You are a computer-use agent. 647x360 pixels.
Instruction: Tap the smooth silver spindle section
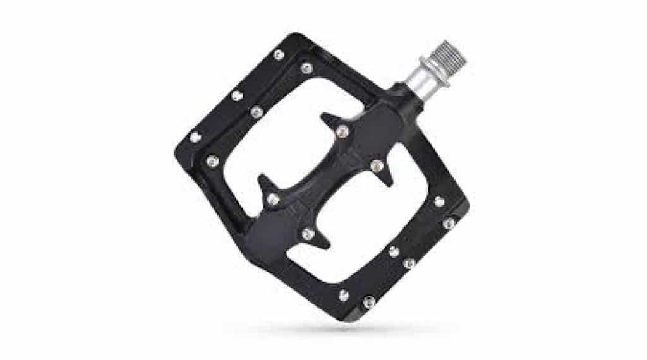tap(425, 78)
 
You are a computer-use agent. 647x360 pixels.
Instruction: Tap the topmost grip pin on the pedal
tap(278, 56)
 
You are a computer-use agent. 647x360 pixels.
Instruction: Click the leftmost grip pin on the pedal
tap(195, 137)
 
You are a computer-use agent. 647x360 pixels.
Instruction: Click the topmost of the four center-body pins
tap(342, 131)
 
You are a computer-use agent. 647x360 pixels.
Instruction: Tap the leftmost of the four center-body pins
tap(274, 200)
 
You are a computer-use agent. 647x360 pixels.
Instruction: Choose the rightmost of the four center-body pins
tap(377, 167)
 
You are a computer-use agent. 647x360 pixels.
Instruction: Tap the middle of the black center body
tap(325, 183)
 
